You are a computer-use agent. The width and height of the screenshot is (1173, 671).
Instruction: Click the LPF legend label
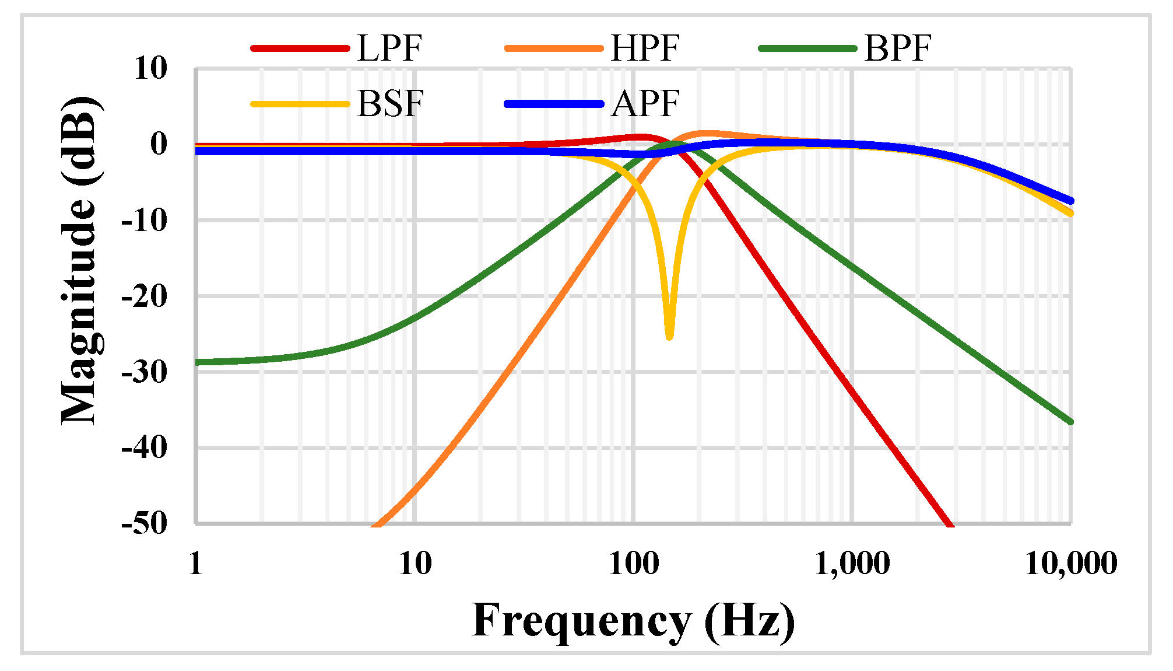[x=389, y=48]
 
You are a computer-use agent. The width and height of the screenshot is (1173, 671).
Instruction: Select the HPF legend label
[x=645, y=48]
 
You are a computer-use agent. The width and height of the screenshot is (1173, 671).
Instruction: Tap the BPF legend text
[x=898, y=48]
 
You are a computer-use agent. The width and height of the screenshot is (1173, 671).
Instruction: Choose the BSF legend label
[x=390, y=104]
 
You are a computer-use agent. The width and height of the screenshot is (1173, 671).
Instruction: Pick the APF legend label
[x=645, y=104]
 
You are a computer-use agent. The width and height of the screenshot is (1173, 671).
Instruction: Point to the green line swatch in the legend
[x=808, y=48]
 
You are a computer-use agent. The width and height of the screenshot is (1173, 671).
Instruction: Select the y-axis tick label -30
[x=144, y=372]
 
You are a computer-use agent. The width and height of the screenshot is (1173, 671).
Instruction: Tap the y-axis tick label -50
[x=144, y=523]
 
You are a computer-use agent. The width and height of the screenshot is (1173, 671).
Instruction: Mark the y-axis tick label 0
[x=158, y=144]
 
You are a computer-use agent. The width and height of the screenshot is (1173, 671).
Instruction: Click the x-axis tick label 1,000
[x=852, y=564]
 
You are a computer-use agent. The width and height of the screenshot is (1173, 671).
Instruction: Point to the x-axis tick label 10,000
[x=1070, y=564]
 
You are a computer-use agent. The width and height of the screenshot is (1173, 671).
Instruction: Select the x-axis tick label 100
[x=634, y=564]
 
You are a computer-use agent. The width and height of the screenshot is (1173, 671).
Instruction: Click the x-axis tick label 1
[x=196, y=564]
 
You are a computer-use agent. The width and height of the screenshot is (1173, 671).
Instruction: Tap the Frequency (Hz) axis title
[x=633, y=621]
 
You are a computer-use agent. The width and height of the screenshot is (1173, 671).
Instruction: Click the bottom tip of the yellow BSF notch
[x=669, y=337]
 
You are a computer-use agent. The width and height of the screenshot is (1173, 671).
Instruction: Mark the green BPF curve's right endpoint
[x=1070, y=421]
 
